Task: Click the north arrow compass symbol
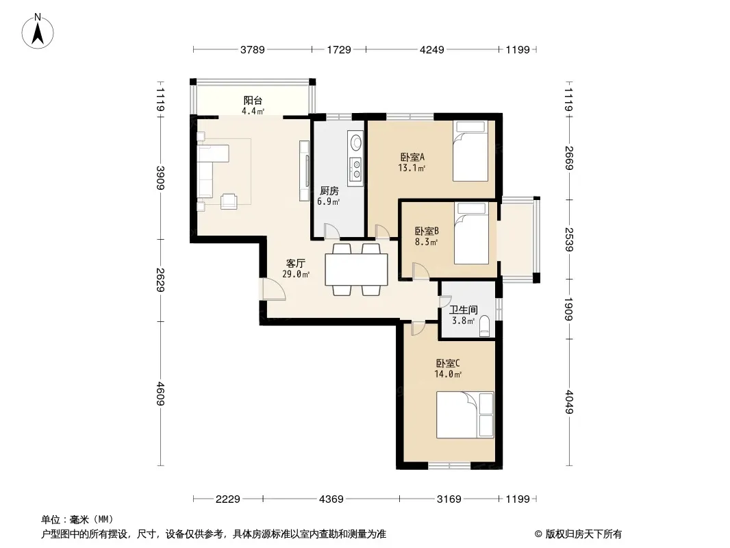(x=38, y=31)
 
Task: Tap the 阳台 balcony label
(x=253, y=100)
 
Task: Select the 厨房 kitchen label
(x=329, y=191)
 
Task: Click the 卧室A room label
(x=412, y=157)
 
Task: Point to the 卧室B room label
(x=427, y=231)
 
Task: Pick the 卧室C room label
(x=448, y=363)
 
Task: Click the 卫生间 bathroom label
(x=463, y=310)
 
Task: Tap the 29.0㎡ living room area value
(x=296, y=274)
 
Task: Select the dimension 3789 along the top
(x=252, y=49)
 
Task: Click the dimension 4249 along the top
(x=432, y=49)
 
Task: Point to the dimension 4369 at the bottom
(x=331, y=499)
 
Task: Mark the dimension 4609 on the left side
(x=160, y=393)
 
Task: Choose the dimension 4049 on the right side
(x=569, y=402)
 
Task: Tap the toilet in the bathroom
(x=485, y=326)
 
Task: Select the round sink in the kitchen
(x=356, y=142)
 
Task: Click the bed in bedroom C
(x=464, y=415)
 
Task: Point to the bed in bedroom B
(x=471, y=234)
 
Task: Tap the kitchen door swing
(x=331, y=232)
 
